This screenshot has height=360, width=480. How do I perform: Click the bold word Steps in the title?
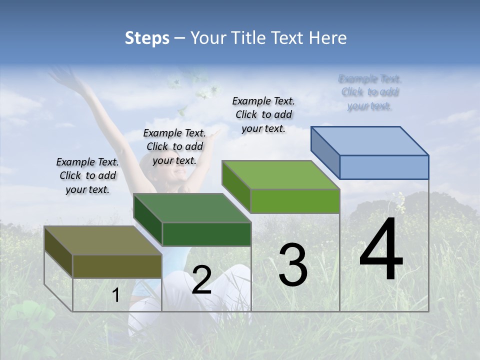point(147,38)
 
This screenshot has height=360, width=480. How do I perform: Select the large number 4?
point(381,250)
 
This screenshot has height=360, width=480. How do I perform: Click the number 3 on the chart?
point(293,265)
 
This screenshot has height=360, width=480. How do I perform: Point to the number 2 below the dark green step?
point(201,280)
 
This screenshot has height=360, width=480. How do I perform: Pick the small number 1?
point(116,295)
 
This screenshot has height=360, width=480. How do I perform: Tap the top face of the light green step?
point(281,175)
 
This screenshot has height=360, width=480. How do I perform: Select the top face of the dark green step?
point(192,208)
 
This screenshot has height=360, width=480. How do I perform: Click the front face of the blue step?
point(384,167)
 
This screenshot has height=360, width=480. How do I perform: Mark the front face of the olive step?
point(117,266)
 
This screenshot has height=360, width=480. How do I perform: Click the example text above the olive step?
point(87,175)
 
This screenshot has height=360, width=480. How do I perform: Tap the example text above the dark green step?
point(174,146)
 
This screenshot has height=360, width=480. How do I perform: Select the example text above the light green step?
point(263,114)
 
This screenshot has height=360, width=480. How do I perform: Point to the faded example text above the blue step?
point(370,92)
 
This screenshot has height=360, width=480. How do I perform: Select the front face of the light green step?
point(295,201)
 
